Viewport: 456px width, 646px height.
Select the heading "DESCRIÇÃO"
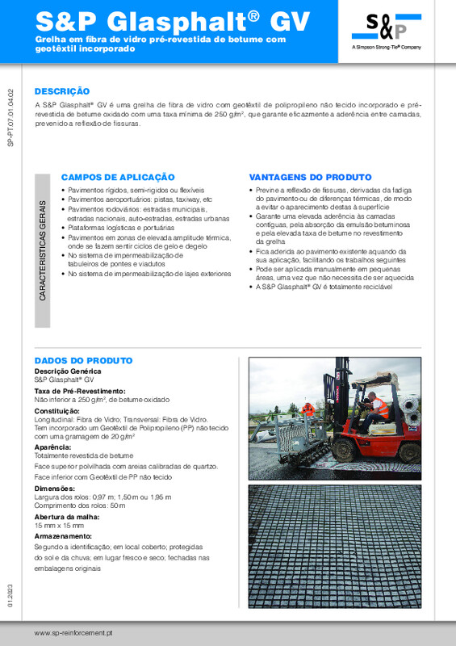pos(62,91)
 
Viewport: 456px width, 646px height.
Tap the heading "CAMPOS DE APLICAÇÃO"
pos(118,176)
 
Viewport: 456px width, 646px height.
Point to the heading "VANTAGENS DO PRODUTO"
pos(310,176)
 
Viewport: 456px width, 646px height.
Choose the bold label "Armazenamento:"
pos(63,536)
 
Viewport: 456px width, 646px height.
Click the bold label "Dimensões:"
pos(55,488)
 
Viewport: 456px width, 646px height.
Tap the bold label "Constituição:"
pos(57,411)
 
